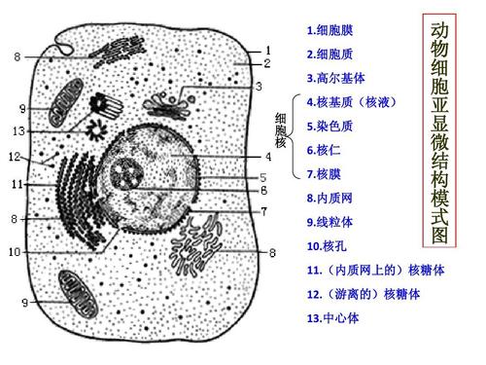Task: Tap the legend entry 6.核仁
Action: tap(326, 150)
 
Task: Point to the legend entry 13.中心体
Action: tap(332, 317)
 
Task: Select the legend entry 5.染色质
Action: tap(330, 126)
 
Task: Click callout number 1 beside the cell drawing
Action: tap(267, 48)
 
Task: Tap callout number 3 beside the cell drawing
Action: tap(259, 86)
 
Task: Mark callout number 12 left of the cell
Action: tap(14, 157)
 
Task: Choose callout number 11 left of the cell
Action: tap(17, 183)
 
